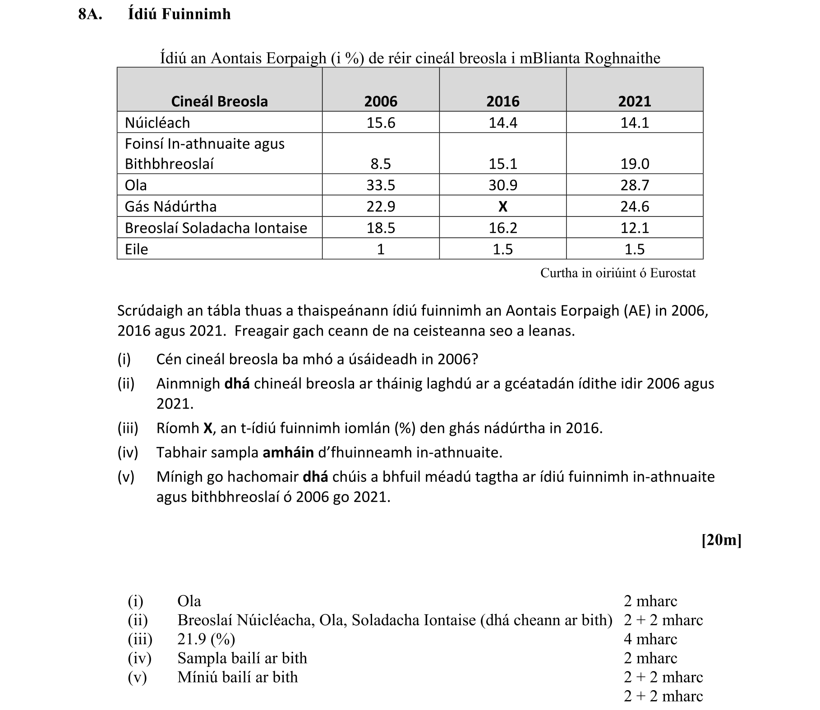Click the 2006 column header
pos(381,101)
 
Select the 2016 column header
pos(502,101)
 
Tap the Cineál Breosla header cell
pos(219,101)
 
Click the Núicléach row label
pos(157,123)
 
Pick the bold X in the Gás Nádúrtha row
pos(502,207)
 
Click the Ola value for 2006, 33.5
pos(381,185)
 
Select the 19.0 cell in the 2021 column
pos(634,164)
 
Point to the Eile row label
pos(136,249)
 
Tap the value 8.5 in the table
pos(381,164)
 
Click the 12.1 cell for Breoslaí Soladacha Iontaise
pos(634,228)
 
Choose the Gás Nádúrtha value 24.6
pos(634,207)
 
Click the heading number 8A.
pos(90,14)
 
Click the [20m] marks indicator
pos(721,540)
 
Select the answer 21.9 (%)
pos(206,639)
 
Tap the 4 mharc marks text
pos(650,639)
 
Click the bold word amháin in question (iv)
pos(288,452)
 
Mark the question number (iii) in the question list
pos(128,428)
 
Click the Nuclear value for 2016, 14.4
pos(502,123)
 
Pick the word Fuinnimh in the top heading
pos(196,14)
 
